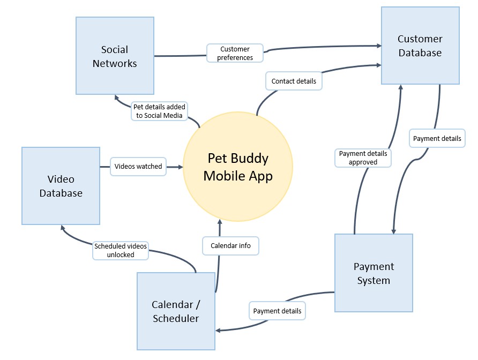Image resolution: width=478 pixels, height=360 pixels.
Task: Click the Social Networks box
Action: [115, 56]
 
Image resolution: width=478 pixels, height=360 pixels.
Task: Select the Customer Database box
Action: [420, 46]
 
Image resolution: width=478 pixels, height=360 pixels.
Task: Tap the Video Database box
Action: [61, 185]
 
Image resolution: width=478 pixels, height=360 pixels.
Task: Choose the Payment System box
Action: [374, 273]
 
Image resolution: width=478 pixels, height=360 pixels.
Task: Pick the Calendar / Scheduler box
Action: [176, 311]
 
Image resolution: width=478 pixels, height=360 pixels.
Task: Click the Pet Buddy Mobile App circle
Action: [238, 167]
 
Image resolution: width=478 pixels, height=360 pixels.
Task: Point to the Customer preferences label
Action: [235, 53]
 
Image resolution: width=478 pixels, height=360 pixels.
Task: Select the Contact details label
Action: [293, 81]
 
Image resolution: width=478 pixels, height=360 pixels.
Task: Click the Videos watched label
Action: [138, 166]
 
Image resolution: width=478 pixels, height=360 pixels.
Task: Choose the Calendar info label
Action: [230, 246]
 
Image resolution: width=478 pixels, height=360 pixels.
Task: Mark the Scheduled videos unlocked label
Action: [121, 250]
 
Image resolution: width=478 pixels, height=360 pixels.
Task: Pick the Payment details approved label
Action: [363, 157]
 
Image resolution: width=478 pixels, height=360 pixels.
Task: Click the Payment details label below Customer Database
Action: [437, 138]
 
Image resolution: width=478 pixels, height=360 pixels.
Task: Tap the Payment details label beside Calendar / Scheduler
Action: [277, 311]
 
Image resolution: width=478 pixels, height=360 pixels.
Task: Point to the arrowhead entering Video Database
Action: [63, 228]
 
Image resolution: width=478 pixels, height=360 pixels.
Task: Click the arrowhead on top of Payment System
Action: [393, 230]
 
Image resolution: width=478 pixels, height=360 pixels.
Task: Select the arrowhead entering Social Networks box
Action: [117, 97]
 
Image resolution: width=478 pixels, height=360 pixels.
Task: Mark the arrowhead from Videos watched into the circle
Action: [180, 167]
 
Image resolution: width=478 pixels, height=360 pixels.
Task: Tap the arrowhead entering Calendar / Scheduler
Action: [219, 329]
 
